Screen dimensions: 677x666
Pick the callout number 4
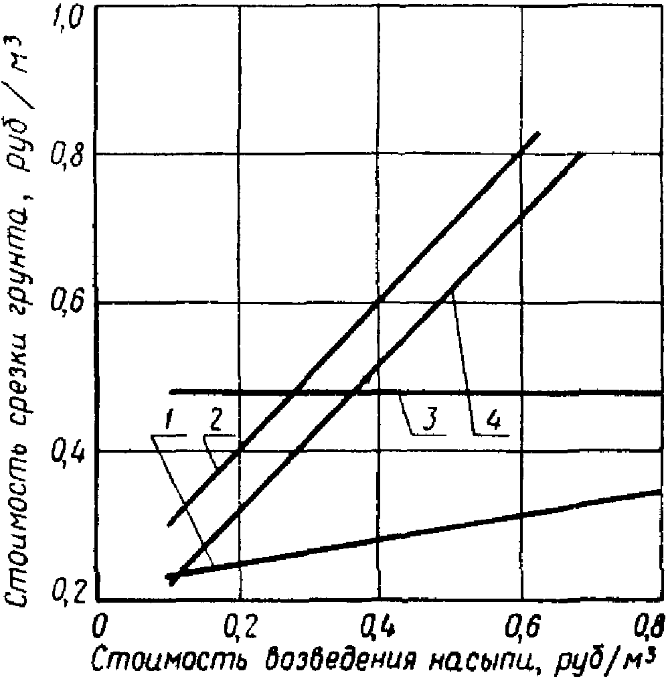[493, 421]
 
